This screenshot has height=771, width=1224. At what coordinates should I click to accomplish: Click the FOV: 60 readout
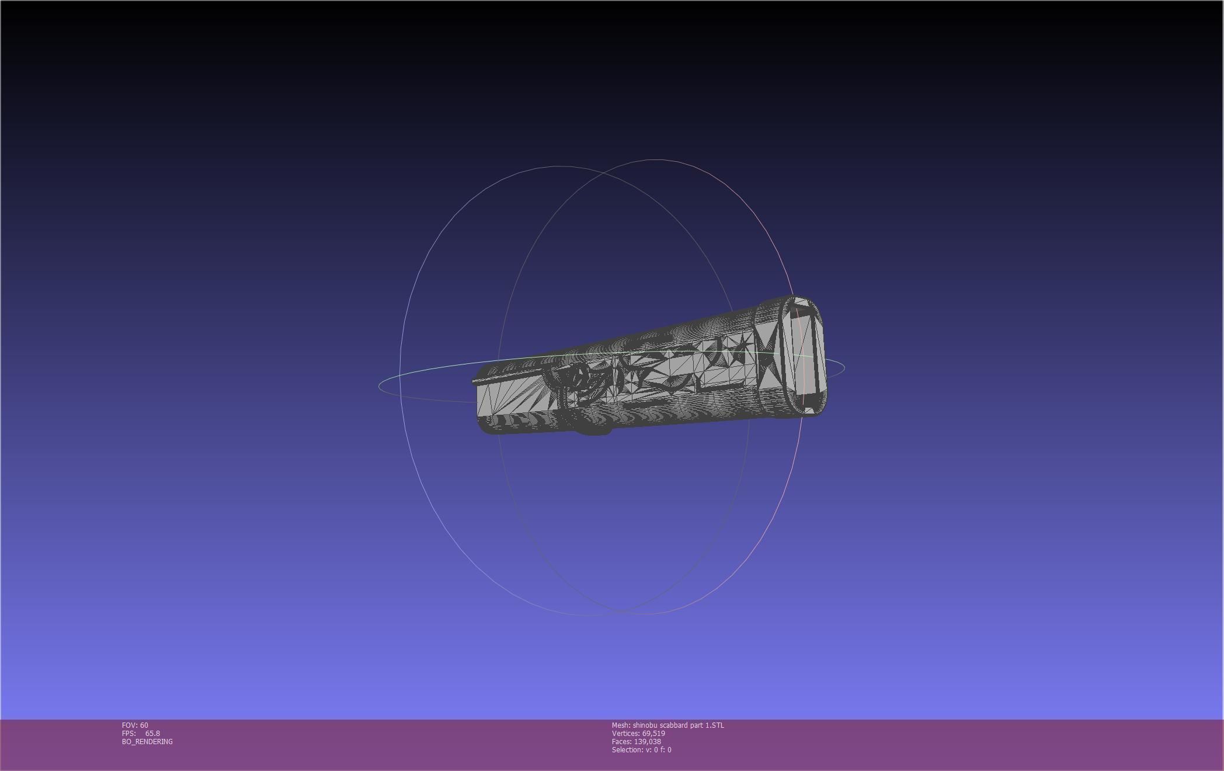point(135,725)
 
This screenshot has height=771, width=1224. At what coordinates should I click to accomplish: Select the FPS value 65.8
point(152,733)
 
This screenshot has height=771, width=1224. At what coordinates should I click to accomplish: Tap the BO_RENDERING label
point(147,741)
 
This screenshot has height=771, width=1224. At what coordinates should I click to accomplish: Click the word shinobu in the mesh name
point(645,725)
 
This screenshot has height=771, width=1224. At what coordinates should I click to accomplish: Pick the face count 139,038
point(647,741)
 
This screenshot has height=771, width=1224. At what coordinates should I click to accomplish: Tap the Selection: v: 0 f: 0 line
point(641,749)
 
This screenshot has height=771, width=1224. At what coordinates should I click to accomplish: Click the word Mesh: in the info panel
point(621,725)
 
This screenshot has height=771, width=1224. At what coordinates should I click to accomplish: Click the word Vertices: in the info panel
point(626,733)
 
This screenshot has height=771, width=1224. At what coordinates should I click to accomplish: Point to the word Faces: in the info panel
point(621,741)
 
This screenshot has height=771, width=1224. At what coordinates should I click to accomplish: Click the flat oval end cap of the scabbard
point(804,356)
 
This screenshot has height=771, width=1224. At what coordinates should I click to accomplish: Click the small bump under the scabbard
point(593,429)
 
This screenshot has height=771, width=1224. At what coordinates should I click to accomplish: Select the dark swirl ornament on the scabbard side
point(575,383)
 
